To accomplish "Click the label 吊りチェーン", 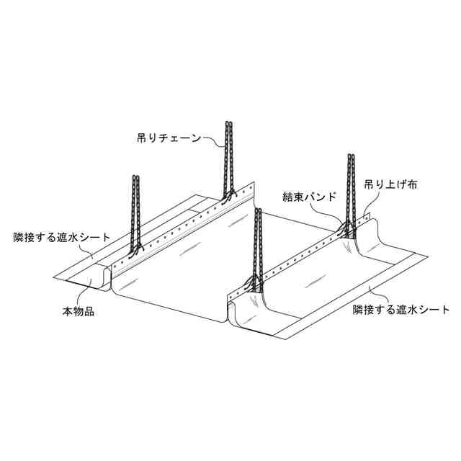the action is [174, 136].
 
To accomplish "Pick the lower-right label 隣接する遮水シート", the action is [401, 310].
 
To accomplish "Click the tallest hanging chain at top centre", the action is [230, 158].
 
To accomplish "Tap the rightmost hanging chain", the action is [352, 191].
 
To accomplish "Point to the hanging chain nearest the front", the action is [256, 245].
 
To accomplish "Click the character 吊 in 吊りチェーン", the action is [143, 136].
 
